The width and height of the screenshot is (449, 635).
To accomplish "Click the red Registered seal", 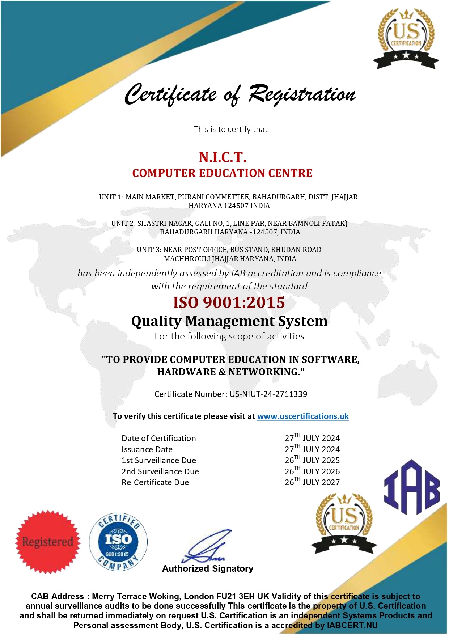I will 48,541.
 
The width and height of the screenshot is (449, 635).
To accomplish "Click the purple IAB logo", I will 412,487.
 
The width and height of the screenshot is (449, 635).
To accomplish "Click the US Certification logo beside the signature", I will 344,523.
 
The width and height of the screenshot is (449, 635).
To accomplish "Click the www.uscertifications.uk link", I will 303,416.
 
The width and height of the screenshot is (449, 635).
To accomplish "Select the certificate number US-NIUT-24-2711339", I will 268,394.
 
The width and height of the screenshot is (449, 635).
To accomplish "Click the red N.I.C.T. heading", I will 223,157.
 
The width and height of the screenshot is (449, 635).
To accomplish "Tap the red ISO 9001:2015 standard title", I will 229,302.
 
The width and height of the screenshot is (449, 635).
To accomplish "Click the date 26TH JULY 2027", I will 312,482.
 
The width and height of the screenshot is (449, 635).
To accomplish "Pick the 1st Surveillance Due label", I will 159,460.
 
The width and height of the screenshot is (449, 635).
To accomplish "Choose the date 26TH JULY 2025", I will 312,460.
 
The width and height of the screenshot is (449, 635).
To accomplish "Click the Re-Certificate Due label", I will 155,482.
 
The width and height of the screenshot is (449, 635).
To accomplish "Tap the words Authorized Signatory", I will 208,568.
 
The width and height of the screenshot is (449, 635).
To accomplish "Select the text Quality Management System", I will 229,321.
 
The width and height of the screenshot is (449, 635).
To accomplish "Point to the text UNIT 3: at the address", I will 149,250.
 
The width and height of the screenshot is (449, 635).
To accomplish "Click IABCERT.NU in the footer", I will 352,625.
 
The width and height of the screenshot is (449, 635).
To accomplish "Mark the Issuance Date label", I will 147,449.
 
